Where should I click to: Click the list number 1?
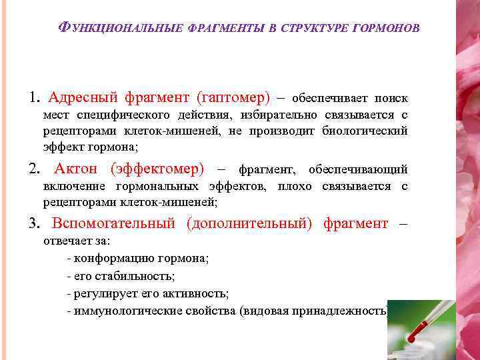[33, 98]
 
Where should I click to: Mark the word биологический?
[365, 131]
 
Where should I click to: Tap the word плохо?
[293, 186]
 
